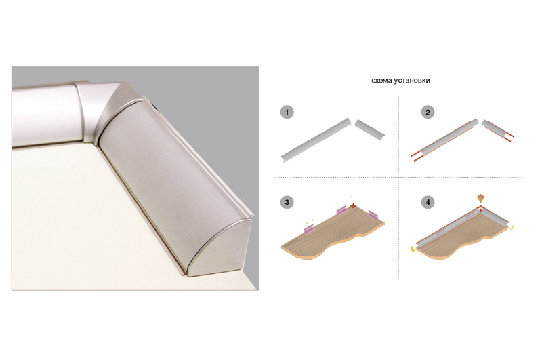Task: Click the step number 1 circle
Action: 287,113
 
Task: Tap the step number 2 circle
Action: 428,113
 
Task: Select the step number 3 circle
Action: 287,202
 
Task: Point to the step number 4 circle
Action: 428,202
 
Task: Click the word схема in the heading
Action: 381,81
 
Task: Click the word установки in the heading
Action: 412,81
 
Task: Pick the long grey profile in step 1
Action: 316,140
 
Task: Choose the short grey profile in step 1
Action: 370,129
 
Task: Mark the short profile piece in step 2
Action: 498,129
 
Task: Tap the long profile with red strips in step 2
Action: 445,140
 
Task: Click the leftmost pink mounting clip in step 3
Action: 308,228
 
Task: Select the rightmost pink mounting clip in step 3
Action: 374,215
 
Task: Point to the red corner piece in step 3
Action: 353,206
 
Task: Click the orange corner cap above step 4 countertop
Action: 480,199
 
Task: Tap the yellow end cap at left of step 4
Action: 413,249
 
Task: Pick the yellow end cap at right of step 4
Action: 512,227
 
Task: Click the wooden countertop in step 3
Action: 332,235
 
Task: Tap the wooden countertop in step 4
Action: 463,237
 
